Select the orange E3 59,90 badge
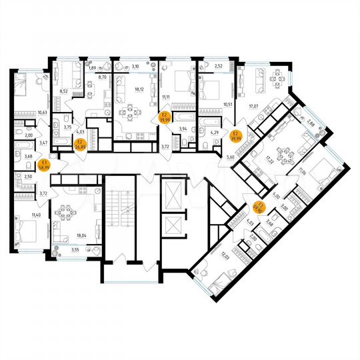[261, 209]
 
